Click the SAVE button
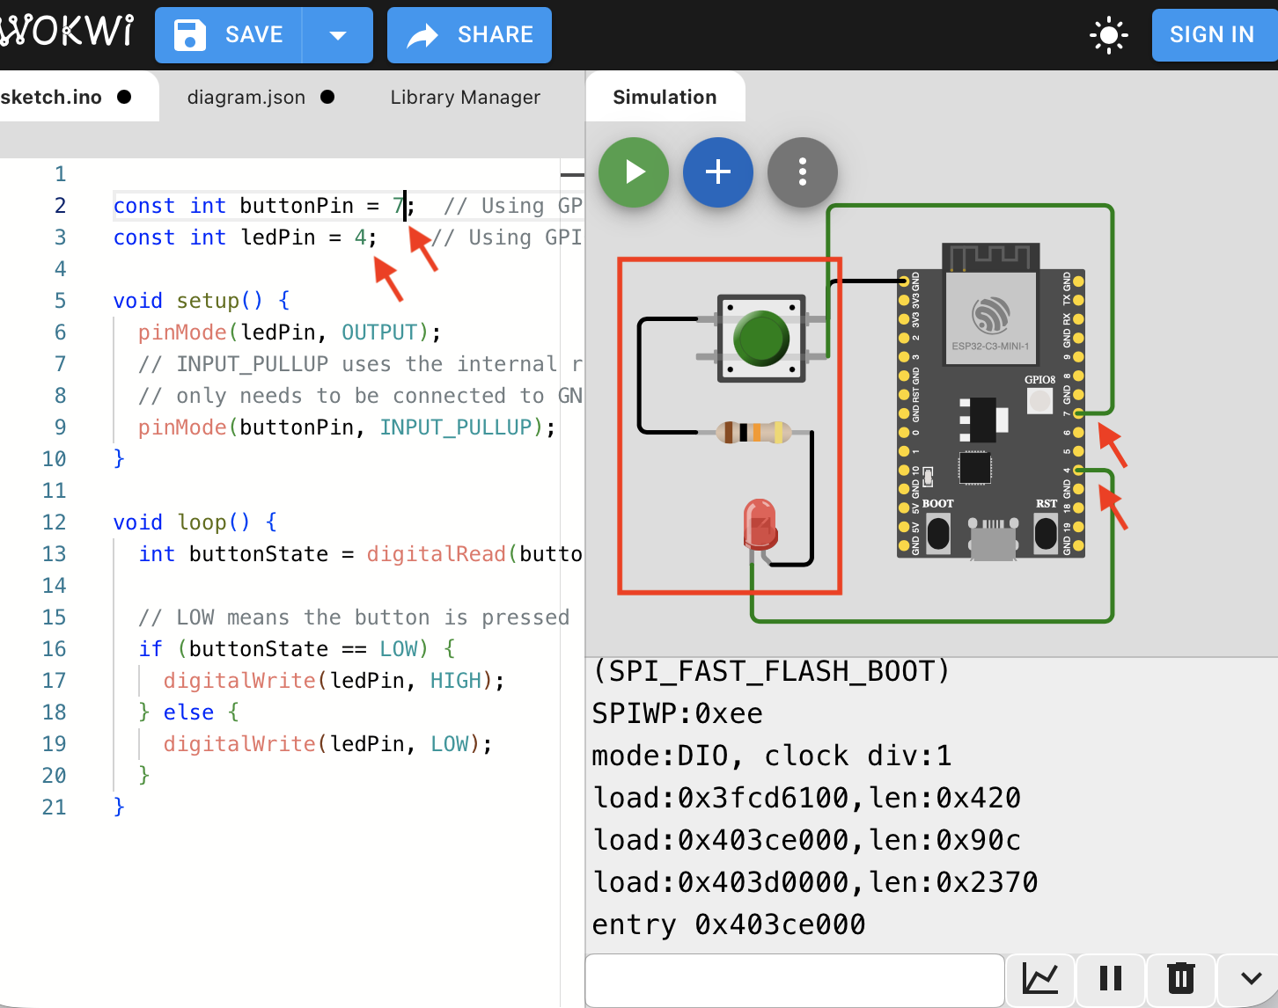(x=229, y=35)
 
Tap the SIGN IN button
(x=1211, y=35)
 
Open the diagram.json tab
(x=246, y=98)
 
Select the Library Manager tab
(x=465, y=98)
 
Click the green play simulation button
(x=634, y=172)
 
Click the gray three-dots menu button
(x=802, y=172)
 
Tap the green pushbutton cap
(x=760, y=338)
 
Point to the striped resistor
(x=753, y=432)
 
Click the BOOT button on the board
(x=938, y=532)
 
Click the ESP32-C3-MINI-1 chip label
(x=990, y=346)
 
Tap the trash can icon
(x=1180, y=978)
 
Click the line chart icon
(x=1039, y=978)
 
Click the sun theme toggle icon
(x=1108, y=35)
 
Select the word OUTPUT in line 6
(x=378, y=332)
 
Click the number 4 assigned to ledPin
(x=360, y=237)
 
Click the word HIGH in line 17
(x=456, y=681)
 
